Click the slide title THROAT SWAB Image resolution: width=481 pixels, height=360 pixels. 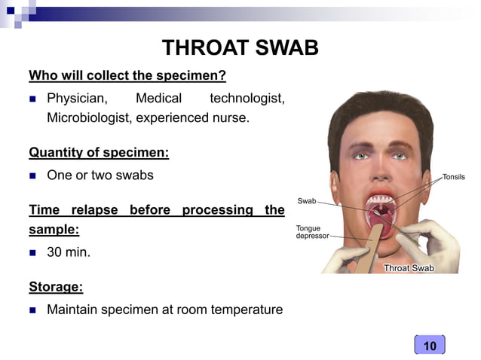pyautogui.click(x=240, y=48)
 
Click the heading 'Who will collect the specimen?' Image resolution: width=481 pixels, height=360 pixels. pyautogui.click(x=127, y=76)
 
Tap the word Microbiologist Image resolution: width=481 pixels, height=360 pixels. pyautogui.click(x=91, y=117)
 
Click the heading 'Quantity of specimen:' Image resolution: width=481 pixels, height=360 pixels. pyautogui.click(x=99, y=153)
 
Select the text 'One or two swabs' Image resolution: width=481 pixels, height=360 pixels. pyautogui.click(x=100, y=175)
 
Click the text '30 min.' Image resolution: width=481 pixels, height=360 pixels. pyautogui.click(x=69, y=252)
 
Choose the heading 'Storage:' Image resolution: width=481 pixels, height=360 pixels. pyautogui.click(x=56, y=286)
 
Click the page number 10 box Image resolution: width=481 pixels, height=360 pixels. pyautogui.click(x=430, y=346)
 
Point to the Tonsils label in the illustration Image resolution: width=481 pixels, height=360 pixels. pyautogui.click(x=453, y=177)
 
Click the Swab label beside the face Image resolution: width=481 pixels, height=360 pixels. pyautogui.click(x=307, y=201)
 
